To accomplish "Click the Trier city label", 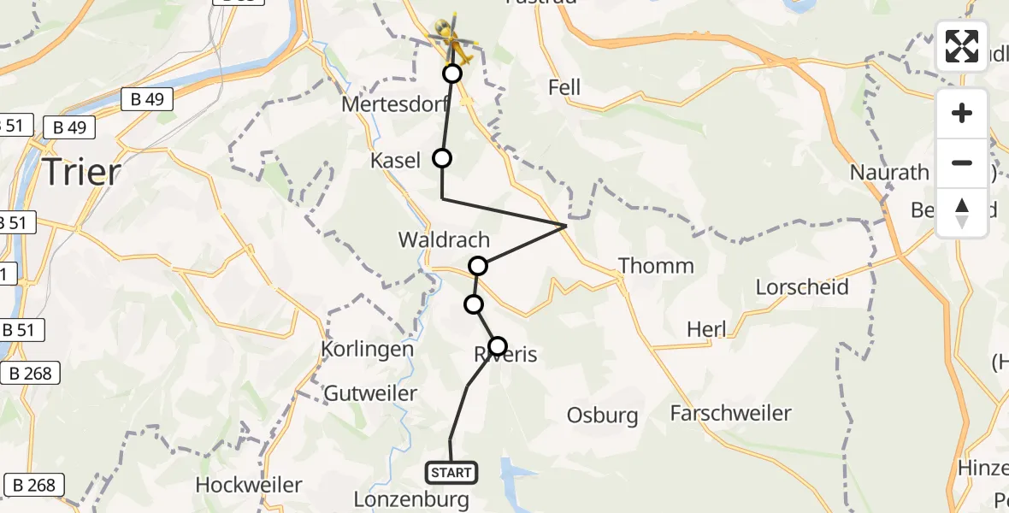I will tap(81, 173).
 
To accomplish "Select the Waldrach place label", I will tap(444, 240).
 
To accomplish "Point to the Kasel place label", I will tap(395, 161).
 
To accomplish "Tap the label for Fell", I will tap(564, 87).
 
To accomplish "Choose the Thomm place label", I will tap(656, 266).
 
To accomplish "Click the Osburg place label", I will tap(602, 416).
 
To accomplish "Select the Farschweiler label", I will tap(730, 414).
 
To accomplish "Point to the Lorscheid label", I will tap(802, 286).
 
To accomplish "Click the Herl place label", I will tap(706, 329).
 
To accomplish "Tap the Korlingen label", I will tap(367, 350).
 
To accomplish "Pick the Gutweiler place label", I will tap(371, 394).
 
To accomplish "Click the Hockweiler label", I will tap(249, 485).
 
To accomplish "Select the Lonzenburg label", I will tap(410, 498).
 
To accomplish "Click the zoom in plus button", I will tap(962, 113).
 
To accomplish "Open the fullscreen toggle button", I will tap(962, 46).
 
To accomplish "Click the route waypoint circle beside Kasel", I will tap(442, 158).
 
